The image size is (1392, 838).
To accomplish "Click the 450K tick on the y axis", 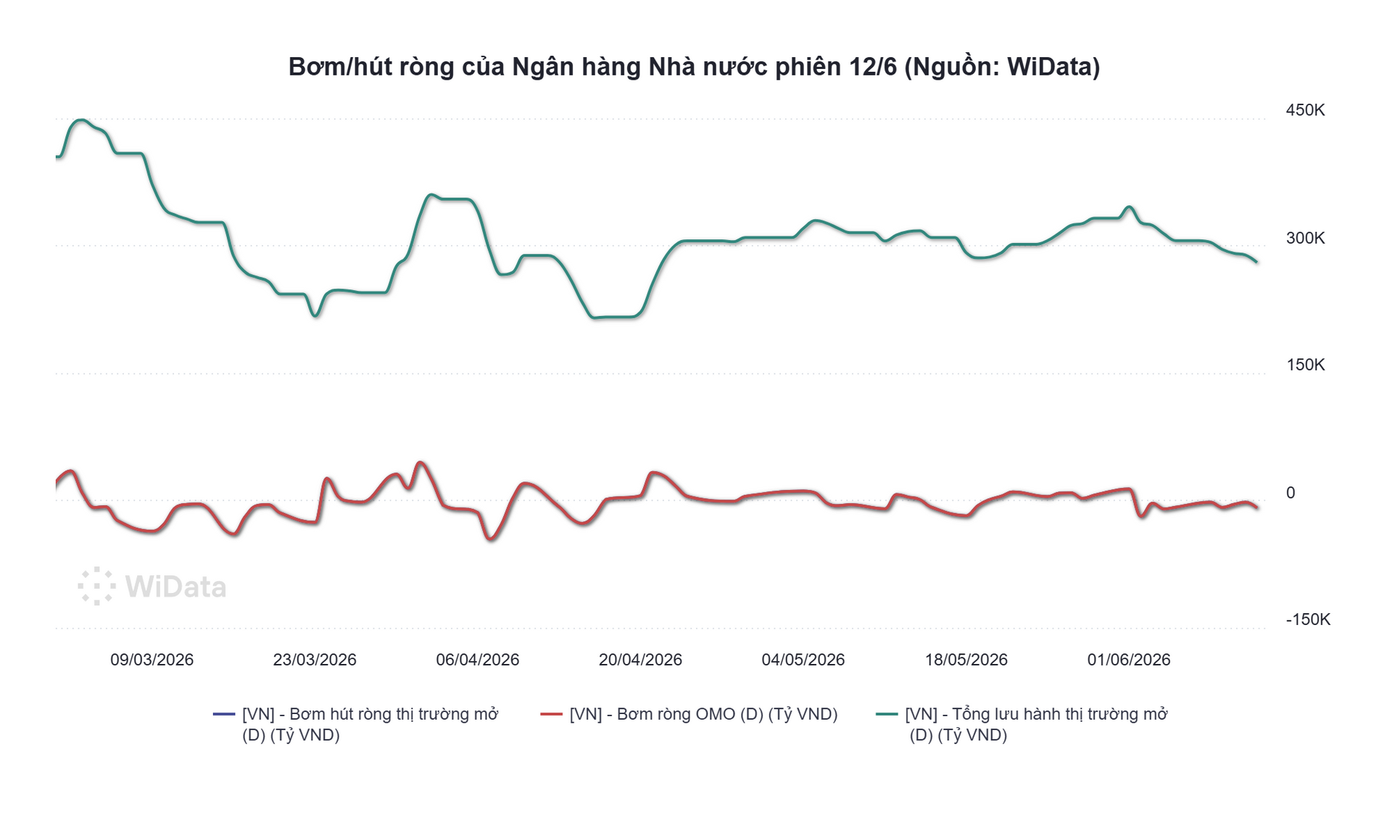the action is click(x=1305, y=110).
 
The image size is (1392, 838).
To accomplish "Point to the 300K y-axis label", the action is click(x=1305, y=238).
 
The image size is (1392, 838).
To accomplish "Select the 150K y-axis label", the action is click(x=1305, y=365).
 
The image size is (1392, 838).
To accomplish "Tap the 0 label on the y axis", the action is click(x=1290, y=493).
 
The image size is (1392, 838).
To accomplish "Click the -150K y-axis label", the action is click(x=1308, y=620).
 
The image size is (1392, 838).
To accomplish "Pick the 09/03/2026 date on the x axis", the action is click(x=152, y=660).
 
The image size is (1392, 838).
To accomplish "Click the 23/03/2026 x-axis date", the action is click(x=315, y=660).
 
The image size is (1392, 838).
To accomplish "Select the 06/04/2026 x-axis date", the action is click(x=478, y=660).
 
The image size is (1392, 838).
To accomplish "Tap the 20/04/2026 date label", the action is click(x=640, y=660).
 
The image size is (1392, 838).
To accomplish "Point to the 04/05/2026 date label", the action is click(x=803, y=660).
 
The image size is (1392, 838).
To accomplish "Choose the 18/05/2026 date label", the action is click(x=966, y=660).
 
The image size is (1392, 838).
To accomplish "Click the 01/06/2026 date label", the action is click(x=1129, y=660).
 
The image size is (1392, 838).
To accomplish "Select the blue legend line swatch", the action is click(x=224, y=714).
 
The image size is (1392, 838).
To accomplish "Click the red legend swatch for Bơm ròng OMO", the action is click(x=552, y=714).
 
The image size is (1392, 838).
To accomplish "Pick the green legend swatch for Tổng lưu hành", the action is click(x=887, y=714).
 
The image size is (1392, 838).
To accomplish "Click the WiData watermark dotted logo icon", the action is click(x=96, y=586).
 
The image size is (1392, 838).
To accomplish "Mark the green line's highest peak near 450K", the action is click(x=82, y=120).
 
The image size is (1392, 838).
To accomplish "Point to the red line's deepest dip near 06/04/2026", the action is click(x=491, y=539).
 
